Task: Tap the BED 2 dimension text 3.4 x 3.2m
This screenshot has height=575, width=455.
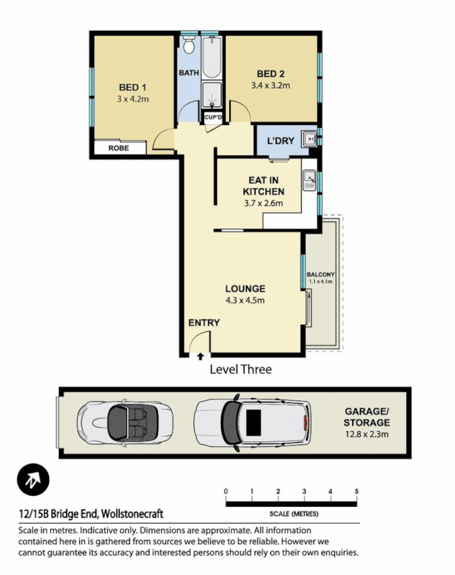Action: tap(270, 86)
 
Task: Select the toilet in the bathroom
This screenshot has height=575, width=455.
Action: tap(189, 47)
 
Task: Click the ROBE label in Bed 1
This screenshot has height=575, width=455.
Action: tap(119, 148)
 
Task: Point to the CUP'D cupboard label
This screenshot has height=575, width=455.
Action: tap(213, 116)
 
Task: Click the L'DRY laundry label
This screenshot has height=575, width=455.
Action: tap(280, 141)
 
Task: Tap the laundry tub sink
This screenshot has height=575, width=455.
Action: tap(309, 139)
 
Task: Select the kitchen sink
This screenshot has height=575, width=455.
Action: tap(310, 177)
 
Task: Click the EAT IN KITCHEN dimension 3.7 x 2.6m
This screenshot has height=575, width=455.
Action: tap(263, 203)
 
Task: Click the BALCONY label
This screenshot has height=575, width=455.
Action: tap(321, 275)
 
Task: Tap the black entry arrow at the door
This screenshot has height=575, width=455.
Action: tap(201, 355)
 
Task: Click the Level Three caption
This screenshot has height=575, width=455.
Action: tap(240, 369)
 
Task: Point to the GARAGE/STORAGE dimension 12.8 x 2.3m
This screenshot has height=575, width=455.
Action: tap(366, 434)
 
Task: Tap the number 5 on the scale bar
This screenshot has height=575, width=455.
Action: tap(357, 491)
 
